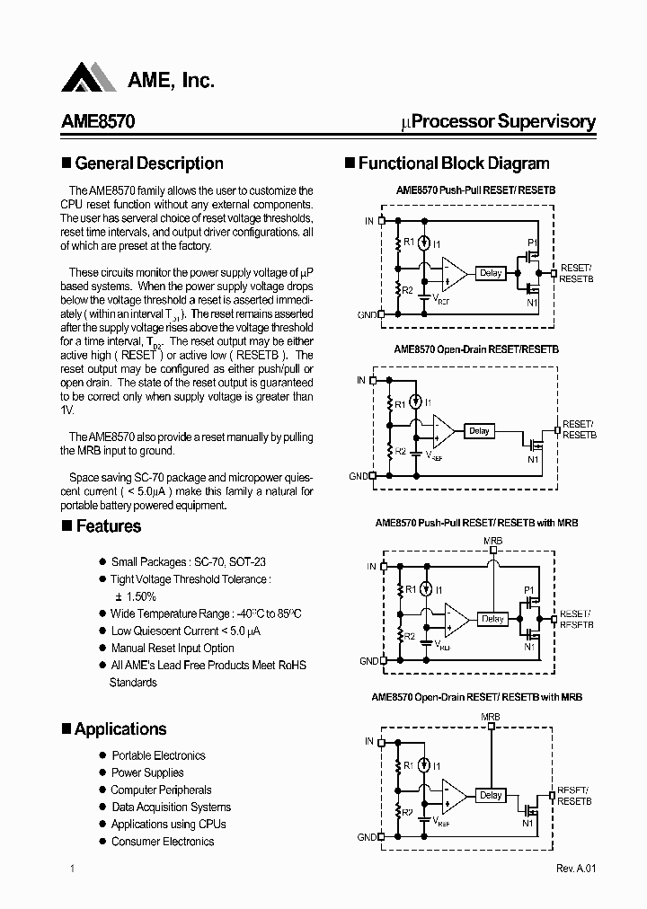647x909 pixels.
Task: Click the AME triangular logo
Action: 88,78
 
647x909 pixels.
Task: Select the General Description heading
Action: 148,163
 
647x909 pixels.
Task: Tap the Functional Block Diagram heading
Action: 453,163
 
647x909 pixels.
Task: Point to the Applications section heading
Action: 120,729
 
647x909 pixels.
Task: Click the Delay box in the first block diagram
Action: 491,273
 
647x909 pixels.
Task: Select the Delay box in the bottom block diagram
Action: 491,795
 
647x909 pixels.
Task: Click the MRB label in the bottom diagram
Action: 491,717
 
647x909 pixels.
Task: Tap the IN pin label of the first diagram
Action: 369,220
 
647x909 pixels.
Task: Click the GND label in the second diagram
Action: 359,476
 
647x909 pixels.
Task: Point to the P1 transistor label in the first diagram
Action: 532,243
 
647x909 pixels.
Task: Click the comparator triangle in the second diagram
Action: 445,431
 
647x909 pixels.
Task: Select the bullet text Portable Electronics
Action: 158,755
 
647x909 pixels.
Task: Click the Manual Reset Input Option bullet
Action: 173,648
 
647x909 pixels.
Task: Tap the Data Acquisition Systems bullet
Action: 171,807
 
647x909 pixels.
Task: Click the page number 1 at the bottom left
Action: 71,869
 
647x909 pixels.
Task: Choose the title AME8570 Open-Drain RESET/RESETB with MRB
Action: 477,697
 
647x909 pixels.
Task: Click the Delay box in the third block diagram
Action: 492,619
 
